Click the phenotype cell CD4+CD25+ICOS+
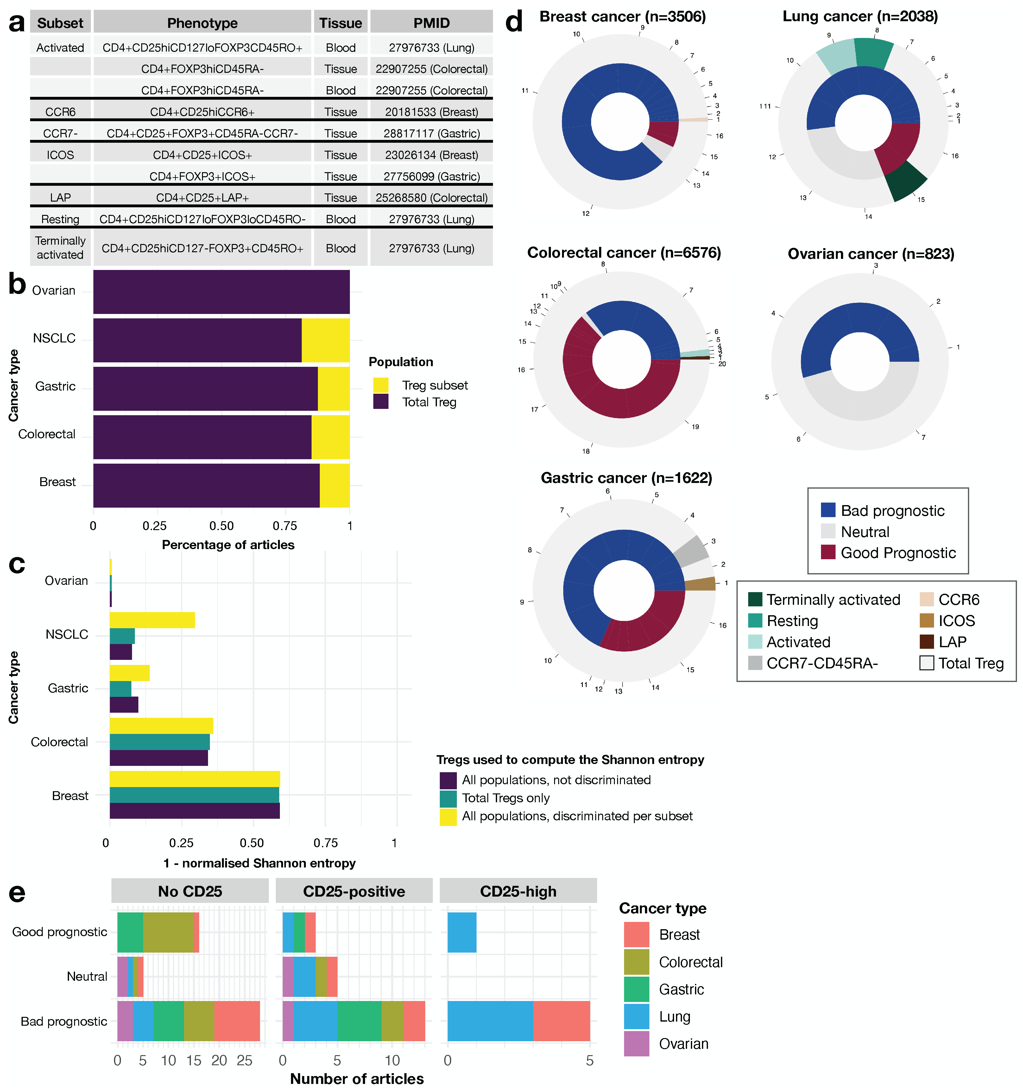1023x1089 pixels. click(x=202, y=155)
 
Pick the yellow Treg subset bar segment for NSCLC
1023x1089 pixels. click(x=325, y=340)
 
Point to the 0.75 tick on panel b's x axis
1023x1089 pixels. click(x=285, y=526)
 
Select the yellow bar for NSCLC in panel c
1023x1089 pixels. click(x=152, y=620)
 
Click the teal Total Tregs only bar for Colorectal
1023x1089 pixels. click(x=160, y=742)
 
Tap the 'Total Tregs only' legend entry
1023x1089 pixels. click(x=505, y=798)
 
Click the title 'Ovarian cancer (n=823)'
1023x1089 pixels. click(x=871, y=254)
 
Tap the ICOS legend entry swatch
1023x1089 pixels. click(x=926, y=621)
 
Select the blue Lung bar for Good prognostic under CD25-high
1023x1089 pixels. click(x=462, y=932)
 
